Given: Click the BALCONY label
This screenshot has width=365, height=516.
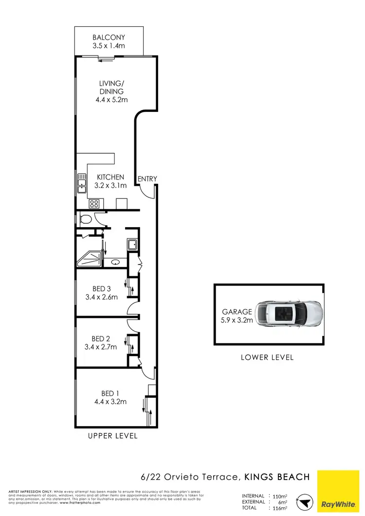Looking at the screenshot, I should pos(109,37).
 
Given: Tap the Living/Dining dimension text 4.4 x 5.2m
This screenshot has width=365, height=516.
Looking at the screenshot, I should pos(111,100).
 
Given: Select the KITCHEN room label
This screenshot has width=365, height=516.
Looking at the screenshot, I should pos(110,177).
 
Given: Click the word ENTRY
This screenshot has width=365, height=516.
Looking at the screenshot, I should pos(147,179).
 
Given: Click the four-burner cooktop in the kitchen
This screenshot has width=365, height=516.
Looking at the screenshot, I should pos(93,204).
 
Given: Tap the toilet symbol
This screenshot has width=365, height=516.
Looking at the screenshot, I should pos(86,219).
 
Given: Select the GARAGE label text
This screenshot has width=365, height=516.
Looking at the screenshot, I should pos(237,312).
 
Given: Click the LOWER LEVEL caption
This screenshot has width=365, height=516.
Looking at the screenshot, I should pos(267,357).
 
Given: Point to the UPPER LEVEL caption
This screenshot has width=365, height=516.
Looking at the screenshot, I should pos(112,436).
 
